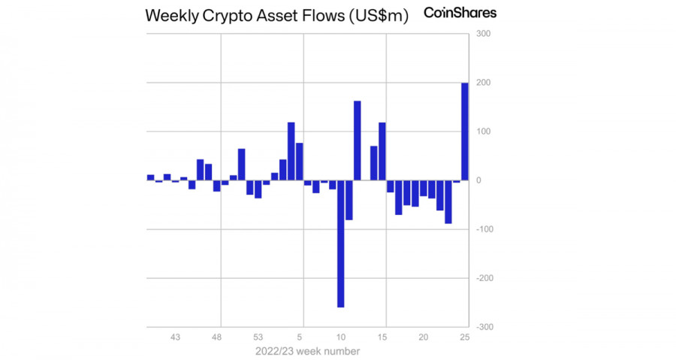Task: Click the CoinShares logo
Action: [x=460, y=13]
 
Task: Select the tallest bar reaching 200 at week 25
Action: [x=465, y=132]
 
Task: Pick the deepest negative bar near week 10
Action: [x=340, y=244]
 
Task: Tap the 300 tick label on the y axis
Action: [x=482, y=34]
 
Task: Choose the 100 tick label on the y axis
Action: [x=482, y=132]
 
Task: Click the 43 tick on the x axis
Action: [x=175, y=337]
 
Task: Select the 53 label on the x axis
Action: [x=258, y=337]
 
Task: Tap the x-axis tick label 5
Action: [x=300, y=337]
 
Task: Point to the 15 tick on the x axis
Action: [x=382, y=337]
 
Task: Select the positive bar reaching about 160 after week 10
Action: [x=358, y=141]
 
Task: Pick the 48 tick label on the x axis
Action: [x=217, y=337]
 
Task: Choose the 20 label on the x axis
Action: [x=424, y=337]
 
